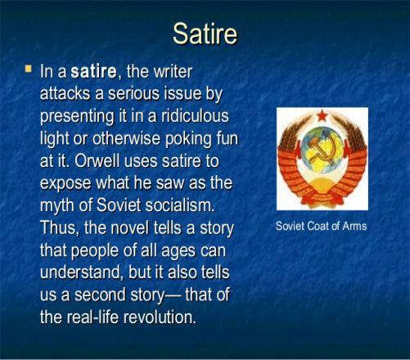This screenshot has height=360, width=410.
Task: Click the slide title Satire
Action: coord(205,34)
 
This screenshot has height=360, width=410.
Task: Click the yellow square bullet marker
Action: coord(28,69)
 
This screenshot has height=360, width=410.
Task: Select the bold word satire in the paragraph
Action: coord(93,71)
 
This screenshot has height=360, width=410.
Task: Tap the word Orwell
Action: coord(97,161)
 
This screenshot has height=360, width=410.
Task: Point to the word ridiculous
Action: coord(195,116)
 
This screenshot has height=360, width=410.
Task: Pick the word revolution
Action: coord(160,317)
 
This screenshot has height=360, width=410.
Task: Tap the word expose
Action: coord(65,184)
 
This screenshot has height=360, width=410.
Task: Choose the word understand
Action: coord(80,272)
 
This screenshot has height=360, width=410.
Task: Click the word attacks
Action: coord(65,93)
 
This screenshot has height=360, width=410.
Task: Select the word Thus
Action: coord(60,227)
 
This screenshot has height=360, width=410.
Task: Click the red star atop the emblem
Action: coord(322,116)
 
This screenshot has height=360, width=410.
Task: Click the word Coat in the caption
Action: coord(318,226)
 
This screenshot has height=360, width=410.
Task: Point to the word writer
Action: coord(173,71)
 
